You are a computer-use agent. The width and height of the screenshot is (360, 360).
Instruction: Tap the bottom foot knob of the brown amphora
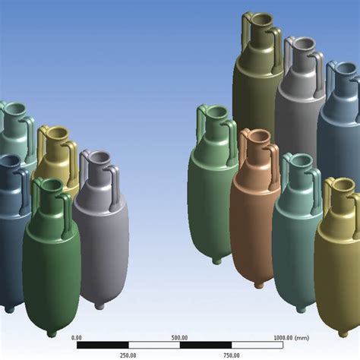point(259,286)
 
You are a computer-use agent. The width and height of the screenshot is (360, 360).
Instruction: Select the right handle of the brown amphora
point(274,165)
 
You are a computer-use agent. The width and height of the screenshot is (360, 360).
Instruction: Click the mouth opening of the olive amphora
point(262,19)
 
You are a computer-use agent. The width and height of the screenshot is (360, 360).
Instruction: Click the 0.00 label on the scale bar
point(77,338)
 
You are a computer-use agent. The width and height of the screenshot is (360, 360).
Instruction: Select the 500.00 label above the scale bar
point(179,338)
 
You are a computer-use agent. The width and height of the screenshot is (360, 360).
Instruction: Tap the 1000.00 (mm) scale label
point(292,338)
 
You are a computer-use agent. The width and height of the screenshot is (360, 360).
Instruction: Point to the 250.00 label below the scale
point(128,355)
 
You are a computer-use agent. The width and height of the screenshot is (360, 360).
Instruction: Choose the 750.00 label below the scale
point(232,355)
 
